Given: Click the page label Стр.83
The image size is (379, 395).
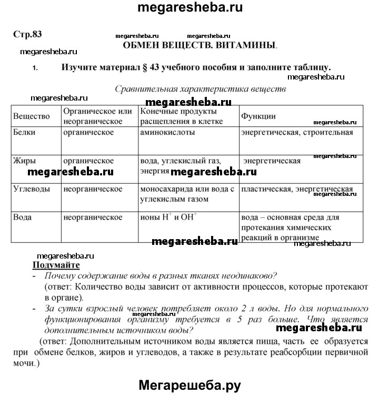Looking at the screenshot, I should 27,34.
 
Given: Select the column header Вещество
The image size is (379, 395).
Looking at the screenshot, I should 32,116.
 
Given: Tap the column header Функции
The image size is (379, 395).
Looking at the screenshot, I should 258,116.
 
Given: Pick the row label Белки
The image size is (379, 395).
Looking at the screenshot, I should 24,133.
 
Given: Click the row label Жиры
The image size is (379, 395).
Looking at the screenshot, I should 25,161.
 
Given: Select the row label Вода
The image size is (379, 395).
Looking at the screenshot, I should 23,217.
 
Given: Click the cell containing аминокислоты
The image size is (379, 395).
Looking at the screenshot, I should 167,133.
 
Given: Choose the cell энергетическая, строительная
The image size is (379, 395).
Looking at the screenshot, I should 297,133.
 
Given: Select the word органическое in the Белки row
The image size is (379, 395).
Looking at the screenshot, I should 88,133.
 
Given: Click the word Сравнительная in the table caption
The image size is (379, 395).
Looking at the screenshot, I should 143,88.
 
